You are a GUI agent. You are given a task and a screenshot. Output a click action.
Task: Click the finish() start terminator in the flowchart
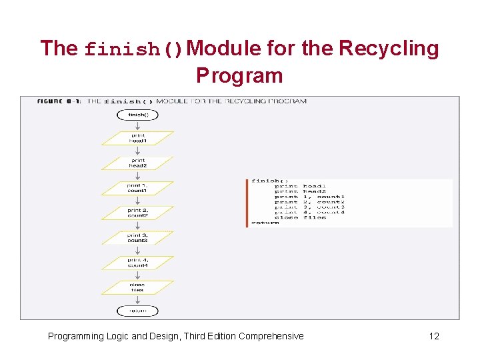tap(137, 115)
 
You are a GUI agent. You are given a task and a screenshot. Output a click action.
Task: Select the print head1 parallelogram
tap(137, 138)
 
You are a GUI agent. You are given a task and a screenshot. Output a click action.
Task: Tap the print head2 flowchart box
tap(137, 163)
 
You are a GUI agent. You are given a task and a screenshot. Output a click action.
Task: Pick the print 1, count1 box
tap(137, 189)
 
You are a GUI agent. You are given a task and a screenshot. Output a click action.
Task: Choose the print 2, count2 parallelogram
tap(137, 213)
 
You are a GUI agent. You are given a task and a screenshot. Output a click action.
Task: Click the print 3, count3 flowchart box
tap(137, 238)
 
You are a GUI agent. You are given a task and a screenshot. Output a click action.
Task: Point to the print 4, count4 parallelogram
tap(137, 263)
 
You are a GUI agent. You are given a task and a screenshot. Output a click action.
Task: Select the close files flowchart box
tap(137, 287)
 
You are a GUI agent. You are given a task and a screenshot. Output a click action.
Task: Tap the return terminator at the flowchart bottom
tap(137, 311)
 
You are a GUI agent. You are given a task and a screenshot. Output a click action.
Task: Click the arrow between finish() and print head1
tap(137, 126)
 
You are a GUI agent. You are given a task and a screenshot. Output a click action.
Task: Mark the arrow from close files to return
tap(137, 300)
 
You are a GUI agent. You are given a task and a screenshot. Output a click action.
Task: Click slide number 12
tap(434, 336)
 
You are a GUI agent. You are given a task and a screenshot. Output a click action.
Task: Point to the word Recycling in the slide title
tap(389, 49)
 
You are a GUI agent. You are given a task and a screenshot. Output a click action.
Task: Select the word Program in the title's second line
tap(239, 75)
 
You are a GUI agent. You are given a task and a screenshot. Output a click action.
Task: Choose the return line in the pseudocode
tap(265, 223)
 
